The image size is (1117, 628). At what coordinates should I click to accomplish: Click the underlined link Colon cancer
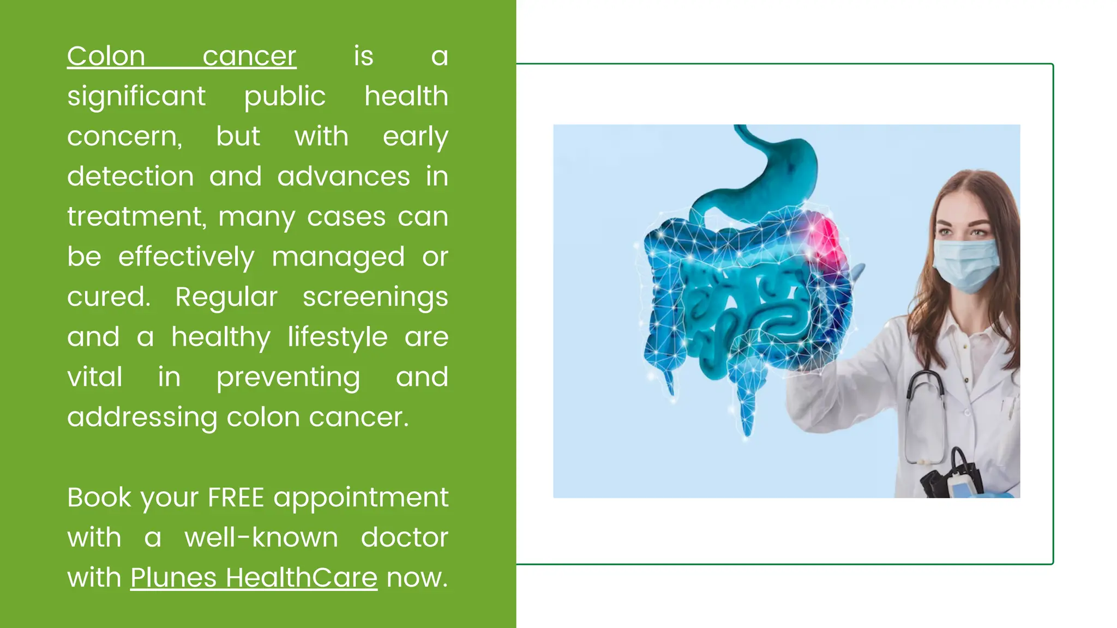[182, 56]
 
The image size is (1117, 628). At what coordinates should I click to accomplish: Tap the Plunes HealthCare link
[254, 578]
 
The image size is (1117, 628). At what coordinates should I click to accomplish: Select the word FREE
[236, 498]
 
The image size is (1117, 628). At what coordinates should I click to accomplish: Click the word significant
[136, 96]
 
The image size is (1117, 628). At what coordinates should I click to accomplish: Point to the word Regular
[226, 297]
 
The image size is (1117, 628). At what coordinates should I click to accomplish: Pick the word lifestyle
[338, 337]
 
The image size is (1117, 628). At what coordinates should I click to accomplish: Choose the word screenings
[375, 297]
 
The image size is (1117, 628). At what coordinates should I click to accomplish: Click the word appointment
[361, 498]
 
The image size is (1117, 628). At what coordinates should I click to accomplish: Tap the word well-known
[261, 538]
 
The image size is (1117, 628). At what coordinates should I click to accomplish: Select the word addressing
[142, 418]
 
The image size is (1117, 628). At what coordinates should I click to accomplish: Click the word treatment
[135, 217]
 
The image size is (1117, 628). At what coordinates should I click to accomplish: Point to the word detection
[130, 177]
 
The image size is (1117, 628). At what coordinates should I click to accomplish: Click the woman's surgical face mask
[966, 265]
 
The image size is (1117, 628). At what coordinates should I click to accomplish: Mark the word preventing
[288, 377]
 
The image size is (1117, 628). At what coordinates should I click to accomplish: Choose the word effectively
[186, 257]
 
